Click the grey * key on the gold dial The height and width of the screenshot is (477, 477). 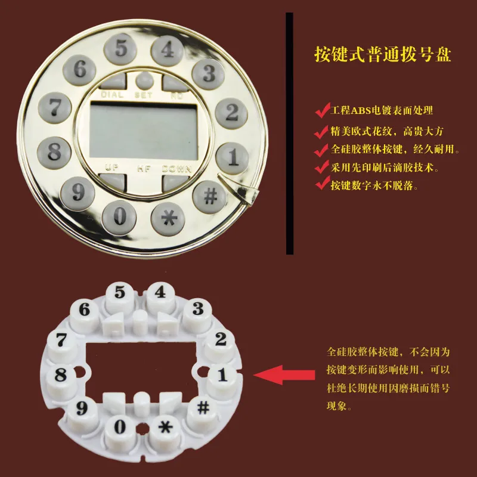click(170, 218)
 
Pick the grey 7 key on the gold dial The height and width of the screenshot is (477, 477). click(56, 109)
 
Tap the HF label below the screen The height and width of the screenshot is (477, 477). click(144, 168)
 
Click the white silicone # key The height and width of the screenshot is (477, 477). click(203, 408)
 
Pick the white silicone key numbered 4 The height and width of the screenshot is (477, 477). click(160, 293)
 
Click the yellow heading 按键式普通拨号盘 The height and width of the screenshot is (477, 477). click(382, 54)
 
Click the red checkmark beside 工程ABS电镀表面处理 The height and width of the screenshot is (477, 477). click(322, 110)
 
